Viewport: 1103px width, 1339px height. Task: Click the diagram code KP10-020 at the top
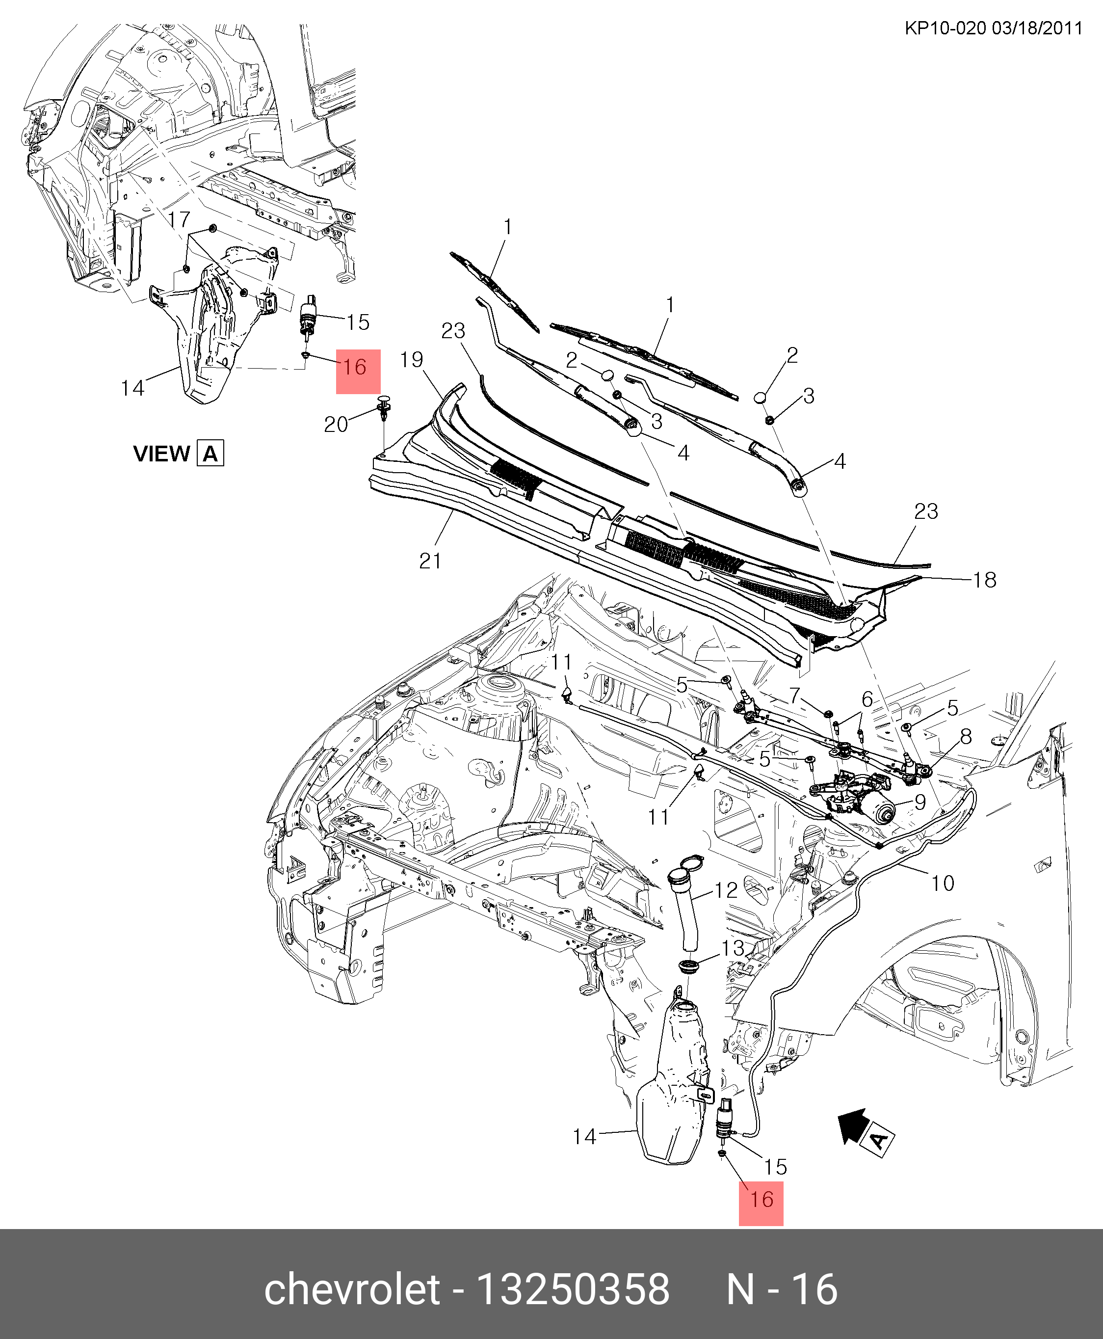click(x=945, y=28)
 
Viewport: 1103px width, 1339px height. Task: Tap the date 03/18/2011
click(x=1037, y=28)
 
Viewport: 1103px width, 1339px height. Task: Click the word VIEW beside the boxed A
click(x=161, y=454)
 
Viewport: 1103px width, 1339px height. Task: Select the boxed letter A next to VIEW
click(x=210, y=454)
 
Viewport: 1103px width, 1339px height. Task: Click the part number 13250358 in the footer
click(x=573, y=1290)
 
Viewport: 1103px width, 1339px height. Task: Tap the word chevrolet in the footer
click(x=352, y=1290)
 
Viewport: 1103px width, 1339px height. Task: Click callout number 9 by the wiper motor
click(x=919, y=802)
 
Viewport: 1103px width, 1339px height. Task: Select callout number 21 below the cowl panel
click(x=430, y=561)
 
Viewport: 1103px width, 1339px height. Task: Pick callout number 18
click(x=984, y=580)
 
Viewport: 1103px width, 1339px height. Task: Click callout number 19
click(x=412, y=360)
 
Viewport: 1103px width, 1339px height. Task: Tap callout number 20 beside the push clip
click(x=336, y=424)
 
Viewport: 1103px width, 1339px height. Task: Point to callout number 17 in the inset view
click(x=179, y=219)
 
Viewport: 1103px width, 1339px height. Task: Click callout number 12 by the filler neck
click(x=726, y=890)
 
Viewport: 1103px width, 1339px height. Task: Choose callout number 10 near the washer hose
click(x=942, y=883)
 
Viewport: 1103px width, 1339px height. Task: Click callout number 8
click(x=966, y=737)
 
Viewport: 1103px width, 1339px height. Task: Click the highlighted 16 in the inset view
click(x=355, y=367)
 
